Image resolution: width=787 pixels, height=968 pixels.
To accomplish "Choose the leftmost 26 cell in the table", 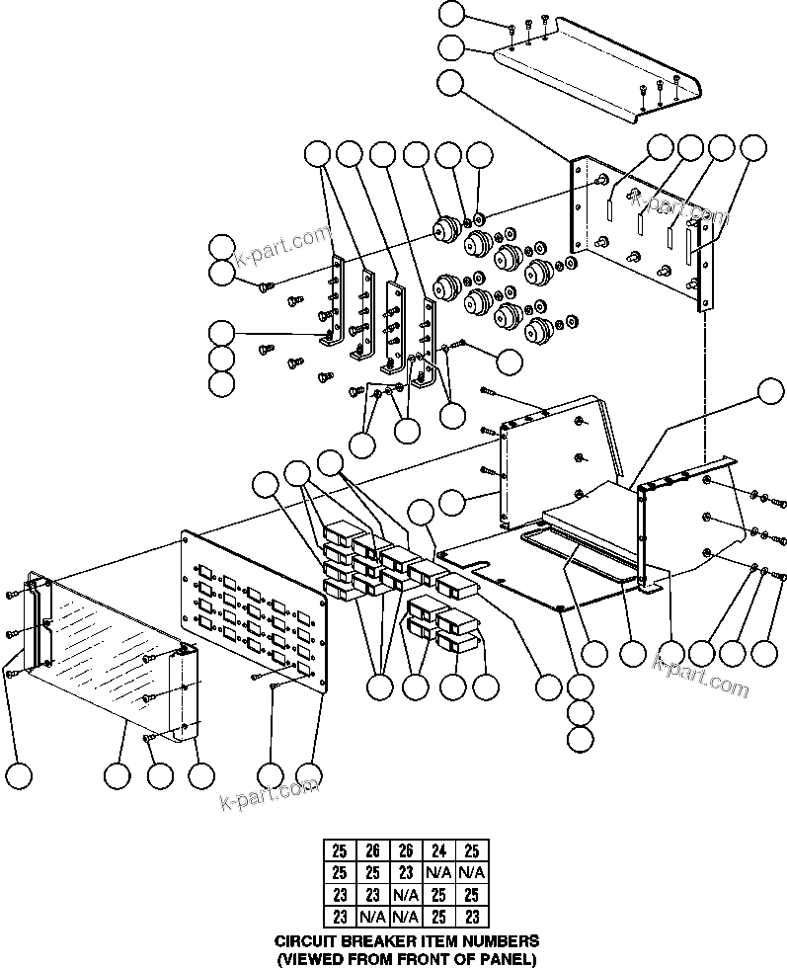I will pos(371,850).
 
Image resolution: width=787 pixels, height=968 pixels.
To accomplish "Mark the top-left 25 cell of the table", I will pos(340,850).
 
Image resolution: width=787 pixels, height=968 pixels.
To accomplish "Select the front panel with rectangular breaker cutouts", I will pos(255,612).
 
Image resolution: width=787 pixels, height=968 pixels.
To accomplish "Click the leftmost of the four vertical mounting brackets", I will pos(337,296).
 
